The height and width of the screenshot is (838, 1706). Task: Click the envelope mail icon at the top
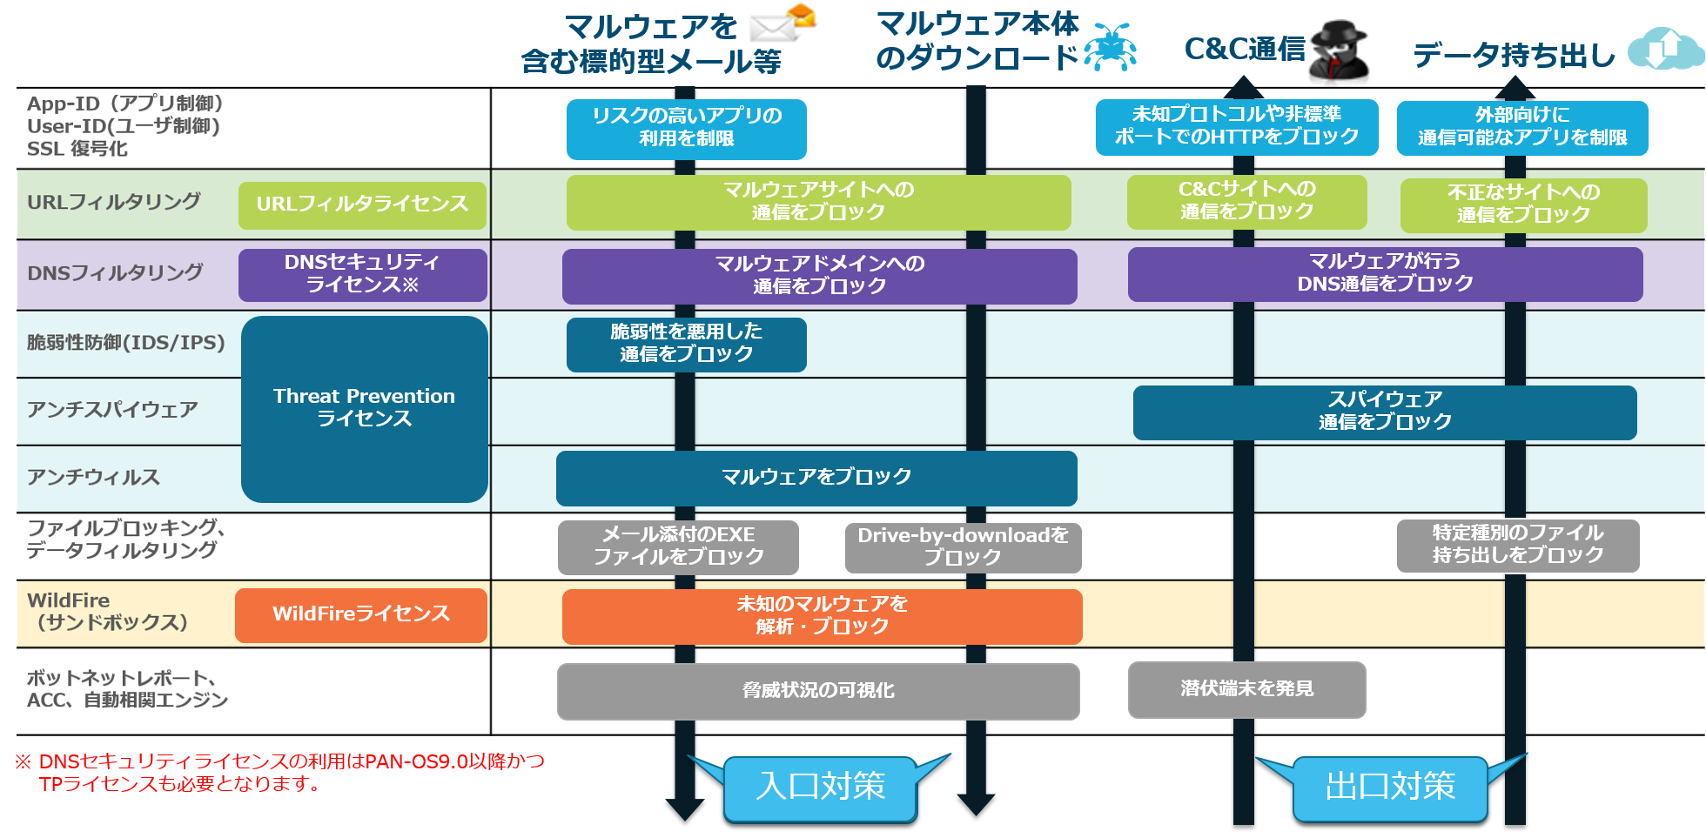coord(783,24)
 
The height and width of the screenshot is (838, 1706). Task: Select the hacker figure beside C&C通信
coord(1339,52)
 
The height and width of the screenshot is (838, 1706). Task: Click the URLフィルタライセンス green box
coord(362,205)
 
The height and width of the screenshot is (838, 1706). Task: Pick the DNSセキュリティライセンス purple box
coord(362,274)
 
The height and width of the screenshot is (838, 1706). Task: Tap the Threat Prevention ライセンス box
coord(364,408)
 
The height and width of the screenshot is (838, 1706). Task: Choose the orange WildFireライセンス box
coord(360,614)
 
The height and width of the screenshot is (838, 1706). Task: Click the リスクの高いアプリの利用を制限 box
coord(686,128)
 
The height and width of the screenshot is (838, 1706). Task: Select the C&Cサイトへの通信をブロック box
coord(1246,201)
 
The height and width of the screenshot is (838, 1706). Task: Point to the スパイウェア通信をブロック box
coord(1384,412)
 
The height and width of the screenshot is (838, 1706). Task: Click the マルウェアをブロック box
coord(816,478)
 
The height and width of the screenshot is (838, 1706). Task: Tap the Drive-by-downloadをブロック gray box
coord(963,546)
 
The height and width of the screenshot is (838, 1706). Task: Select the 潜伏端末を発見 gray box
coord(1246,689)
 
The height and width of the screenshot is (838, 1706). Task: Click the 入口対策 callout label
coord(820,788)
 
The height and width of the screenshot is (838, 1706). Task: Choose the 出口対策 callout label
coord(1389,788)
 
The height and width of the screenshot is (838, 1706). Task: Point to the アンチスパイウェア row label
coord(112,410)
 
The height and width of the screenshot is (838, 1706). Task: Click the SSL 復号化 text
coord(77,149)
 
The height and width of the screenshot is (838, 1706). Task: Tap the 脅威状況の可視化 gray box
coord(817,691)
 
